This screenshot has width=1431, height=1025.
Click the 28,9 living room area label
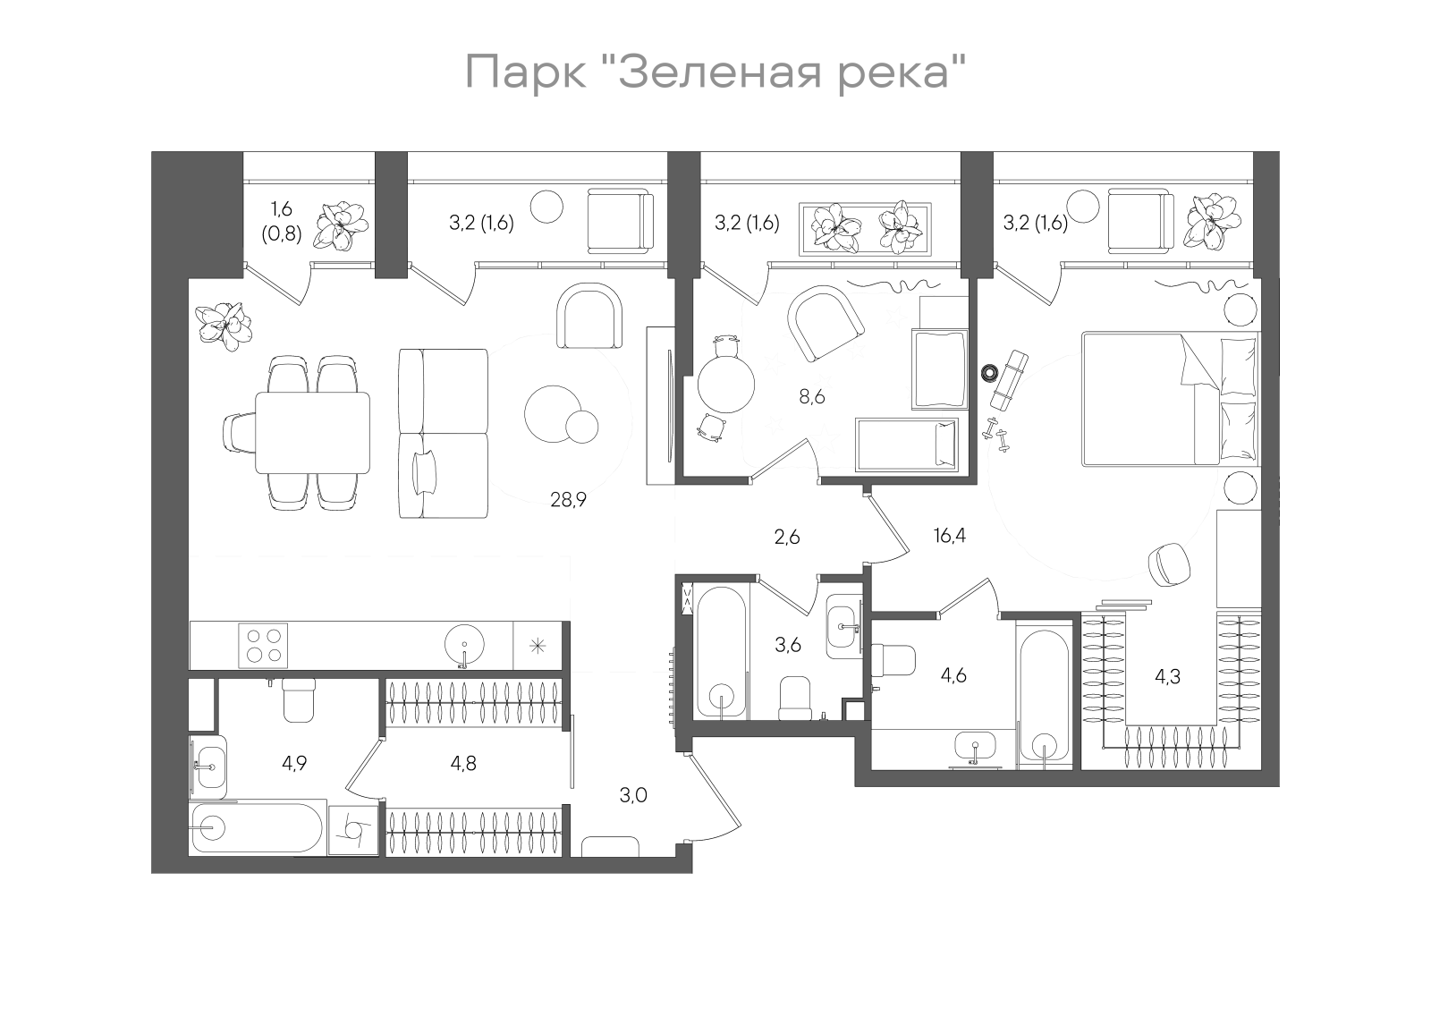[568, 500]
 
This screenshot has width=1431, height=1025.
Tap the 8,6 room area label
[811, 397]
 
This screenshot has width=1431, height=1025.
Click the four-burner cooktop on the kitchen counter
[263, 644]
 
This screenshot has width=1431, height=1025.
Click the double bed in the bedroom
[1170, 399]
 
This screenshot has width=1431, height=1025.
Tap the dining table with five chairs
[313, 432]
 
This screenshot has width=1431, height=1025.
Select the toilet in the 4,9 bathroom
[299, 700]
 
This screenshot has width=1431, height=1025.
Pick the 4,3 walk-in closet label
[1167, 677]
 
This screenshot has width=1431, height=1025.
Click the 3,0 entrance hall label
[633, 795]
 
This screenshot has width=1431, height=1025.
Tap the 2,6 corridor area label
[787, 537]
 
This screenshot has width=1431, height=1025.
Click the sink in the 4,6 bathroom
[974, 745]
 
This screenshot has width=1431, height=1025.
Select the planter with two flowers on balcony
[866, 228]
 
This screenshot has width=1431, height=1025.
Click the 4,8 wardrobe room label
[463, 763]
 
